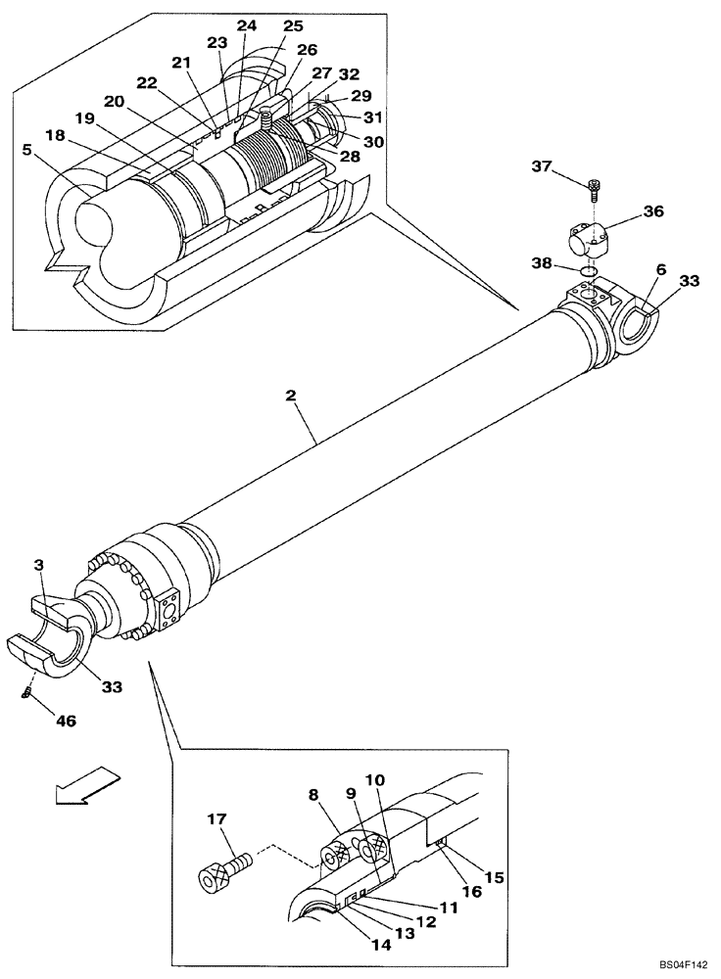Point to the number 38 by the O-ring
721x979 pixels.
542,264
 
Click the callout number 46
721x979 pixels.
65,721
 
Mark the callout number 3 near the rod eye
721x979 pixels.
38,565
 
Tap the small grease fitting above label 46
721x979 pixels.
28,692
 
